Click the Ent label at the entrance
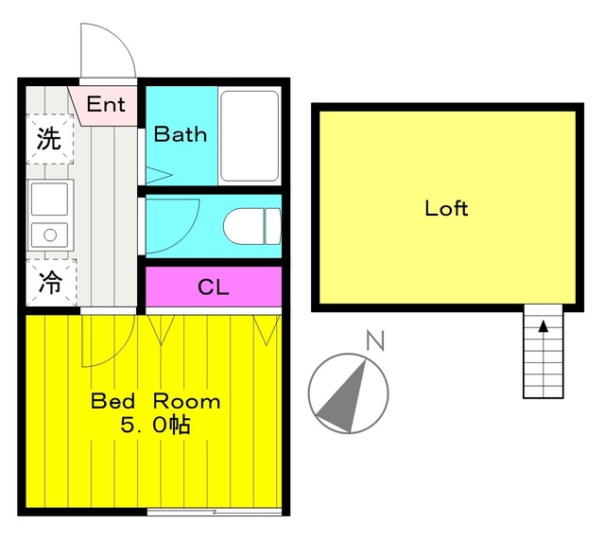click(x=106, y=104)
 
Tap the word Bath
click(x=181, y=134)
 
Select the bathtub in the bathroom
click(x=250, y=136)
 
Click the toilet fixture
click(x=252, y=226)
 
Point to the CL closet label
click(x=214, y=287)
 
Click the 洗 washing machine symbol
click(x=49, y=139)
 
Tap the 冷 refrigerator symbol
click(x=51, y=283)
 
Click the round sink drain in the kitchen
click(x=50, y=235)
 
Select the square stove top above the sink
click(x=49, y=199)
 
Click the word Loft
click(x=446, y=208)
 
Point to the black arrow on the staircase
click(x=544, y=326)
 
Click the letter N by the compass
click(x=375, y=340)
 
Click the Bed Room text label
click(x=156, y=401)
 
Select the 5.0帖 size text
click(x=155, y=426)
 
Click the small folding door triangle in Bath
click(x=158, y=175)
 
